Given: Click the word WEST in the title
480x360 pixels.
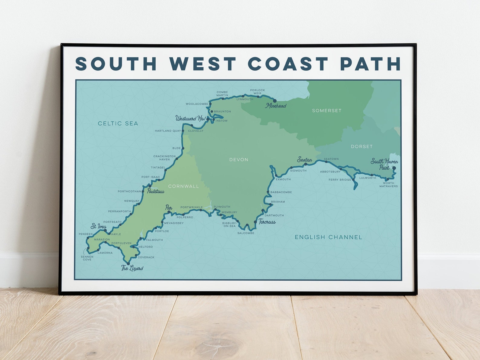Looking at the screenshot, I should coord(203,64).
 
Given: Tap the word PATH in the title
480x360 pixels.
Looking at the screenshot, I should coord(370,64).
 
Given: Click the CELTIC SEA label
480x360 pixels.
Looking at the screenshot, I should coord(118,123).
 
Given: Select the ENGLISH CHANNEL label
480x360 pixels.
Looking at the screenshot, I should coord(328,237).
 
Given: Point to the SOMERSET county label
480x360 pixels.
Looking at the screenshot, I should coord(327,111).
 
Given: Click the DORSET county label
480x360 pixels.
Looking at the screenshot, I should coord(362,146).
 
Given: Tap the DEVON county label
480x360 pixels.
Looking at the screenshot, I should coord(238,159).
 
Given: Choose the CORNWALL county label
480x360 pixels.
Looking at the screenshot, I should coord(183,186).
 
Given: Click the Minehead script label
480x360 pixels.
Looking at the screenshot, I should coord(276,106).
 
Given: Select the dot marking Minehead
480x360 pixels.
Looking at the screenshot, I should coord(275,101).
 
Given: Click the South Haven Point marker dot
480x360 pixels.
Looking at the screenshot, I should coord(394,168).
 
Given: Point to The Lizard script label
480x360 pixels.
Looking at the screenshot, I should coord(132,268).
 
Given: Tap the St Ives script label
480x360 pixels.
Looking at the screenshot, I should coord(99,226).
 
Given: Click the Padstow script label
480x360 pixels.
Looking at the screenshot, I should coord(156,191).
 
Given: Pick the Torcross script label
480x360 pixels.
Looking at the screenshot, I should coord(267,222).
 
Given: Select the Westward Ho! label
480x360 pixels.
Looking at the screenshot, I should coord(190,118).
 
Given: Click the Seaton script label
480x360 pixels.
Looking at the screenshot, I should coord(304,159).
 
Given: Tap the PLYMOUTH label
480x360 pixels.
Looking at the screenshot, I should coord(222,207).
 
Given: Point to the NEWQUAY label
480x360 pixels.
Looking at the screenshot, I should coord(132,201).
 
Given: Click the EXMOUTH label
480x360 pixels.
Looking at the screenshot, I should coord(283,179).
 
